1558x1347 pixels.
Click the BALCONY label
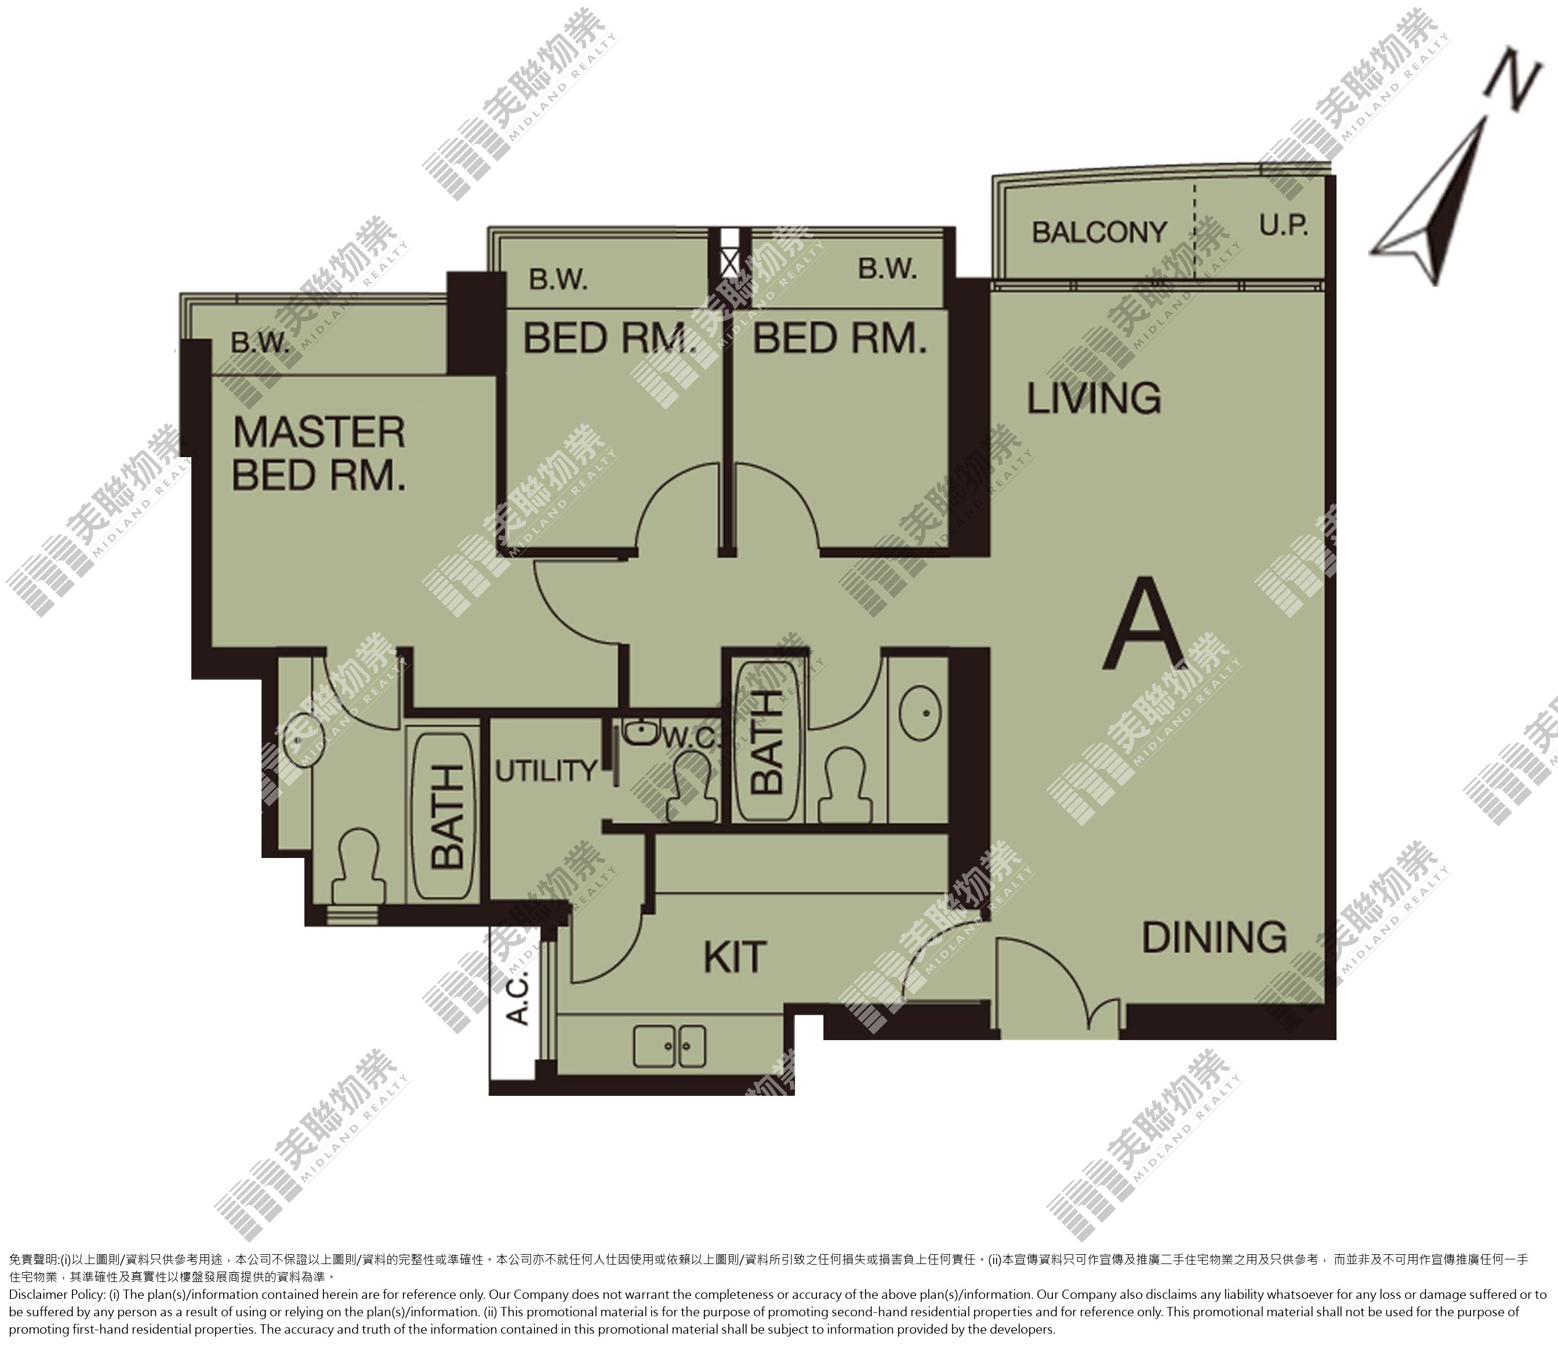(x=1099, y=233)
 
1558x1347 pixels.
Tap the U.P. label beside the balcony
(x=1284, y=225)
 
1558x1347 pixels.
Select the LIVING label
(x=1094, y=398)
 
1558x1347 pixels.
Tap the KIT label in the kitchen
(x=735, y=957)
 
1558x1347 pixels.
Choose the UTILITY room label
(x=546, y=771)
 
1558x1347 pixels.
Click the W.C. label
(x=691, y=738)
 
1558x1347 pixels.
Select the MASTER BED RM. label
(x=319, y=454)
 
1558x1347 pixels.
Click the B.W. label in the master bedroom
(x=260, y=343)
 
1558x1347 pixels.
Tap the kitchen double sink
(x=670, y=1046)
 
